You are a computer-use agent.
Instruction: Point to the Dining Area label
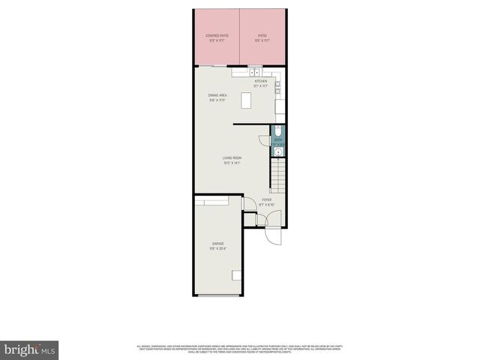(218, 97)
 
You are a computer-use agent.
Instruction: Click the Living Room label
(232, 159)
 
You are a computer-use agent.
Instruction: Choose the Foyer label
(266, 202)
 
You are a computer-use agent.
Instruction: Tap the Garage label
(217, 245)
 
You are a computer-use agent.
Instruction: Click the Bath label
(277, 141)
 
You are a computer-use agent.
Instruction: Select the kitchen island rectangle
(246, 100)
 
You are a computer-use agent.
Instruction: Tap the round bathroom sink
(278, 151)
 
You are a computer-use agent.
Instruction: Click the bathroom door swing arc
(264, 139)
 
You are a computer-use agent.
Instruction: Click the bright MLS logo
(30, 349)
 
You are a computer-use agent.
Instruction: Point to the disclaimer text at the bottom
(239, 348)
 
